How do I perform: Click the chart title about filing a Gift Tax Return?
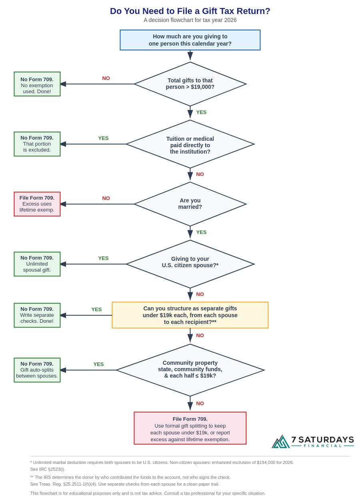pos(190,11)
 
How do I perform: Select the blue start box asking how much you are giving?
pos(190,40)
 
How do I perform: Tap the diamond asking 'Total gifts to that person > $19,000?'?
pos(190,84)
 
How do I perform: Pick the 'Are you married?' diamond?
pos(190,204)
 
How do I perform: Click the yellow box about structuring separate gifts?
pos(190,315)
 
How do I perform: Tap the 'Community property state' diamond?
pos(190,370)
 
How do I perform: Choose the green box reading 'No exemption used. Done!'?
pos(37,84)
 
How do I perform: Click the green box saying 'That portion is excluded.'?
pos(37,144)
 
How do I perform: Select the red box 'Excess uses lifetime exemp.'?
pos(37,204)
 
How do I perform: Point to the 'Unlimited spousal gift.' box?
pos(37,264)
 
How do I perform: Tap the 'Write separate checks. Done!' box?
pos(37,315)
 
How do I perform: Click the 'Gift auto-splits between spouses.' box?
pos(37,370)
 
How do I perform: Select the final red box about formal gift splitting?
pos(190,428)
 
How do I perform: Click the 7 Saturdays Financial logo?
pos(313,442)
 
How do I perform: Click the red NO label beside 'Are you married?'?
pos(106,198)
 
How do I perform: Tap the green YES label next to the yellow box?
pos(96,310)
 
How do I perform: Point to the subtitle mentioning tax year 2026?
pos(190,20)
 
